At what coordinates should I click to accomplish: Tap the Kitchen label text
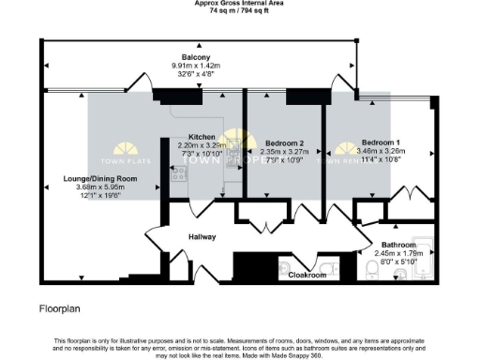pyautogui.click(x=202, y=137)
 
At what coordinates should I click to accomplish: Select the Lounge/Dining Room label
pyautogui.click(x=101, y=178)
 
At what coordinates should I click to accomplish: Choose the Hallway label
pyautogui.click(x=202, y=237)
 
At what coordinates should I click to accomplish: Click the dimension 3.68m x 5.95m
pyautogui.click(x=101, y=187)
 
